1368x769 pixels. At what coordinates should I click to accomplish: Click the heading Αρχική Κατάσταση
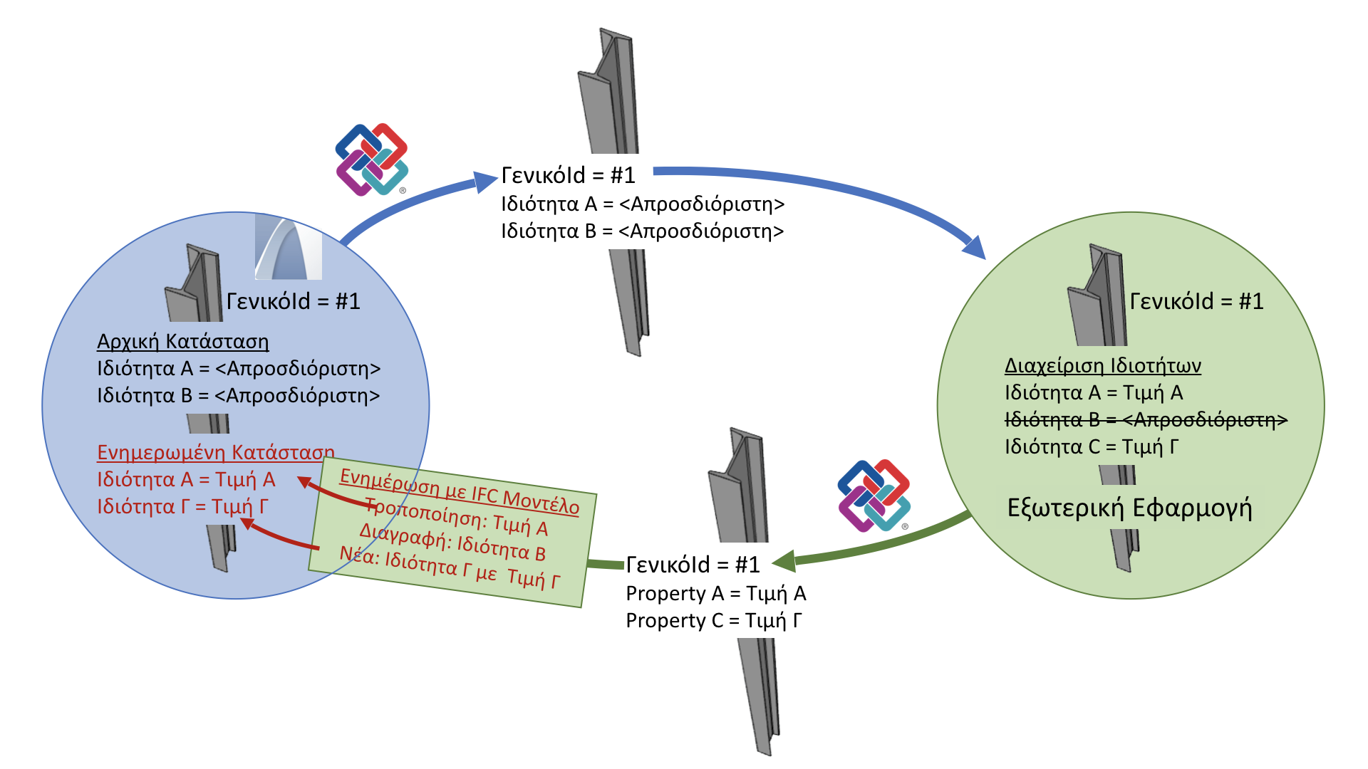coord(183,342)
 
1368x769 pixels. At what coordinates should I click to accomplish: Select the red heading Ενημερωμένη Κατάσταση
coord(215,453)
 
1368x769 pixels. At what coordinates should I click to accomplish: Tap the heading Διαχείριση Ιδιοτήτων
coord(1102,366)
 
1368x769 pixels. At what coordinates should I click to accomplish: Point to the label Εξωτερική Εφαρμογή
coord(1129,508)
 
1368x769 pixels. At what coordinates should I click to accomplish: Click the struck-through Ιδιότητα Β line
coord(1145,420)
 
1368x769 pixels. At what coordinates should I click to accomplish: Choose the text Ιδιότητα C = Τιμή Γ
coord(1091,447)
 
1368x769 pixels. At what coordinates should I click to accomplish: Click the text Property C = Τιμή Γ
coord(713,621)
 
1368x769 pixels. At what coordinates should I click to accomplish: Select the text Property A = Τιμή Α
coord(715,594)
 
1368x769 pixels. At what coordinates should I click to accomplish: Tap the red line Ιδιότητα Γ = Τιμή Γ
coord(182,507)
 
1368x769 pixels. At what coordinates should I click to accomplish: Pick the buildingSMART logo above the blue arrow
coord(371,159)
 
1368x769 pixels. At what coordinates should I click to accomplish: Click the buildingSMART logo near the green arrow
coord(874,496)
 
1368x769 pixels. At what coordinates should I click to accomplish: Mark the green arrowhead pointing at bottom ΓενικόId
coord(784,561)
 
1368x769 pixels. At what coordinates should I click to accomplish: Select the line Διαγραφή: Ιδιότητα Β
coord(452,542)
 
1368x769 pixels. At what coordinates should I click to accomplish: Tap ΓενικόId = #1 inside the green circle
coord(1196,301)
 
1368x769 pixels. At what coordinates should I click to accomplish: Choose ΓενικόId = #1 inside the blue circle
coord(293,301)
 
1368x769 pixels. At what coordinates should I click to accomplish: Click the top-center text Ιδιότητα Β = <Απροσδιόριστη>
coord(642,231)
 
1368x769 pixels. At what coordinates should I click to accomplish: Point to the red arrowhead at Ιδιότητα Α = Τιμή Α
coord(304,482)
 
